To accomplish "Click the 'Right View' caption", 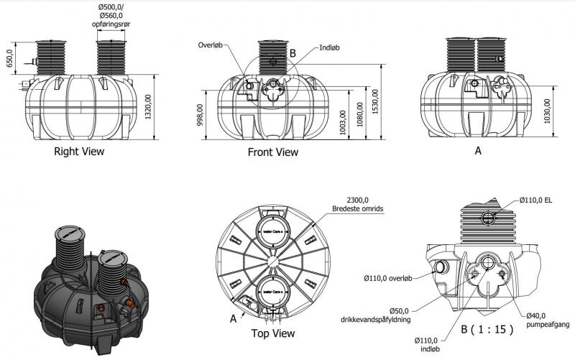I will [x=79, y=152].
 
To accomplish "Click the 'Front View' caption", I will [x=272, y=152].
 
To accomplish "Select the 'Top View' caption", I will [x=272, y=333].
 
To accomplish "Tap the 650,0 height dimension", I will [x=10, y=57].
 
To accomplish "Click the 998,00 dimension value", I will [x=200, y=114].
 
